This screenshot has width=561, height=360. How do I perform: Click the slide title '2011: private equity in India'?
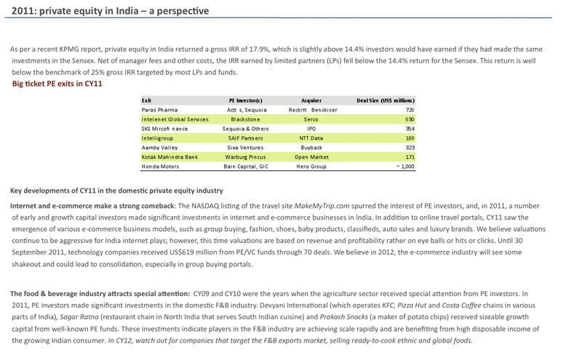coord(109,11)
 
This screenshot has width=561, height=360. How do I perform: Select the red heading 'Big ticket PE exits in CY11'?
coord(57,84)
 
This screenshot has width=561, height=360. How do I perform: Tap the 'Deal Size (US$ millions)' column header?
coord(385,100)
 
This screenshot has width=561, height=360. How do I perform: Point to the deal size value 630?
coord(410,119)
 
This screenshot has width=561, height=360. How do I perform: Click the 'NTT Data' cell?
coord(311,137)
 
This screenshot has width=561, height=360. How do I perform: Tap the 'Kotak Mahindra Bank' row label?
coord(170,156)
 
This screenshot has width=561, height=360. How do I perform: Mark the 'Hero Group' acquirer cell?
coord(311,166)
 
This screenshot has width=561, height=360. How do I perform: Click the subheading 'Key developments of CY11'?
coord(116,191)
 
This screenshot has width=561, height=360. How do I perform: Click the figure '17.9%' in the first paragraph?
coord(272,49)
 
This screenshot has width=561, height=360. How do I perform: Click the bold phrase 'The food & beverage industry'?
coord(60,293)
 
